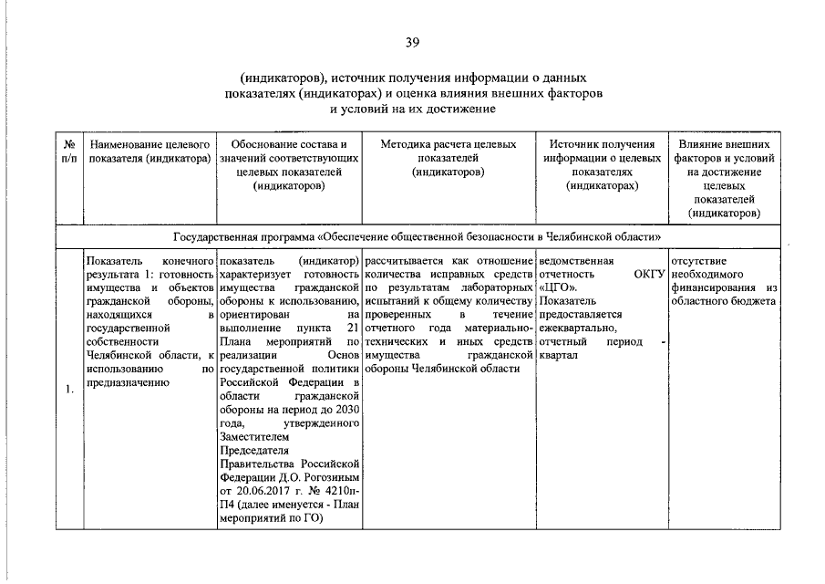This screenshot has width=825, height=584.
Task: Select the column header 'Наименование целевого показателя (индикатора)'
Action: [x=150, y=152]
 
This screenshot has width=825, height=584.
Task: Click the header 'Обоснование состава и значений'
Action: [x=289, y=165]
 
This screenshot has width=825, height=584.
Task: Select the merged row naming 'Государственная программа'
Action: [x=418, y=235]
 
